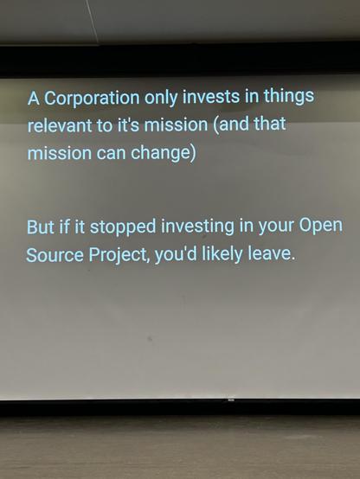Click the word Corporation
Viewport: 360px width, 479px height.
point(88,97)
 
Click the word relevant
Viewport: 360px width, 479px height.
point(60,126)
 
